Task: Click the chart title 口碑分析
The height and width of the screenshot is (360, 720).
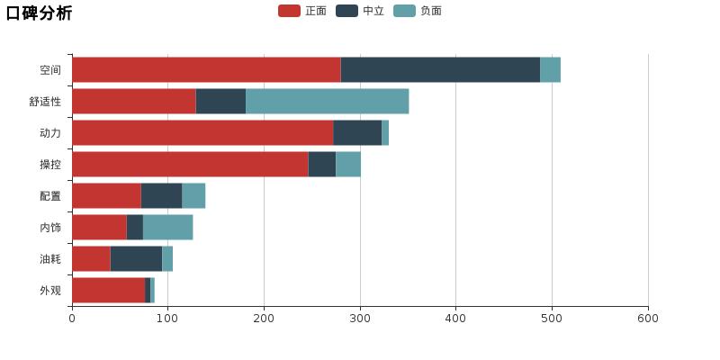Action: (x=39, y=13)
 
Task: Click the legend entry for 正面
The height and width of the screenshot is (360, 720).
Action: (x=302, y=11)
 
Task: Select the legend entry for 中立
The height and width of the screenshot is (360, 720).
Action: (x=360, y=11)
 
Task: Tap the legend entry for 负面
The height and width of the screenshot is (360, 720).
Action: (x=418, y=11)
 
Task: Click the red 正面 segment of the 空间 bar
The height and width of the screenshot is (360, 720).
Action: (x=206, y=70)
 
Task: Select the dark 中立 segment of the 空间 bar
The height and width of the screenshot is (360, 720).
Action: (x=440, y=70)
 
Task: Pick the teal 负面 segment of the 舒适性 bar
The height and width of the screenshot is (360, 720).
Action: (x=327, y=102)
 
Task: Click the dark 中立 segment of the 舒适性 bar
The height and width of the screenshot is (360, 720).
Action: (x=220, y=102)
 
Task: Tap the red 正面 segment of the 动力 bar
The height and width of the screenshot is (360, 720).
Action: (x=202, y=133)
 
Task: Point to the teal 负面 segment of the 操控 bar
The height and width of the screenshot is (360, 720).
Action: (x=348, y=165)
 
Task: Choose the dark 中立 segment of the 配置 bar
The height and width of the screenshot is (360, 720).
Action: (x=161, y=196)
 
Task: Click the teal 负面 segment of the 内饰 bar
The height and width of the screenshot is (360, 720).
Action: (x=167, y=228)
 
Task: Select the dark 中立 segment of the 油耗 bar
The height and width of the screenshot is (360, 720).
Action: (x=136, y=259)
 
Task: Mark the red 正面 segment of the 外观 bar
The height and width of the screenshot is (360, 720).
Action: (x=108, y=291)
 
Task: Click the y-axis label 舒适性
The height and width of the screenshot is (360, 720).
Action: (x=45, y=102)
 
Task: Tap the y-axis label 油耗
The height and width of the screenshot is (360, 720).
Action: (x=50, y=259)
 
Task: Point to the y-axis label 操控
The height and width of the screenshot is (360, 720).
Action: (x=50, y=165)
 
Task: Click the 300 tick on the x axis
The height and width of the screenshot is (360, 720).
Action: (x=360, y=318)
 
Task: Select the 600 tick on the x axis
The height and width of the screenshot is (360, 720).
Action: (x=648, y=318)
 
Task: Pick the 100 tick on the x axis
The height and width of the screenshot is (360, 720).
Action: (x=168, y=318)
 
